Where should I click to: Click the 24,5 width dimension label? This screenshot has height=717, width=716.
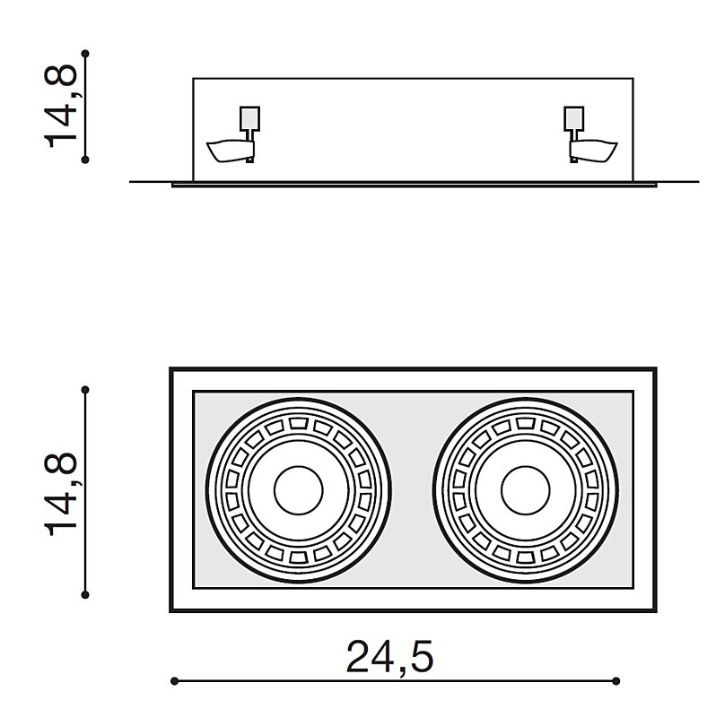click(389, 658)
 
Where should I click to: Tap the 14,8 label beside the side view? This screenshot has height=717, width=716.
click(60, 106)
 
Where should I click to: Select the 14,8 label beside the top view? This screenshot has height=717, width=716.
click(60, 494)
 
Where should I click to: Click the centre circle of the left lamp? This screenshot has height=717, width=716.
click(299, 490)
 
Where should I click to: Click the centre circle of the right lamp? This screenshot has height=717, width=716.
click(526, 490)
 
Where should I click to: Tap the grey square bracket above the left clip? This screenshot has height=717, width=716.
click(249, 118)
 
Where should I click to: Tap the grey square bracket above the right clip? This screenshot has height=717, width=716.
click(574, 118)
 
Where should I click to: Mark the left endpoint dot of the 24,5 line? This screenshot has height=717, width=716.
click(174, 681)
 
